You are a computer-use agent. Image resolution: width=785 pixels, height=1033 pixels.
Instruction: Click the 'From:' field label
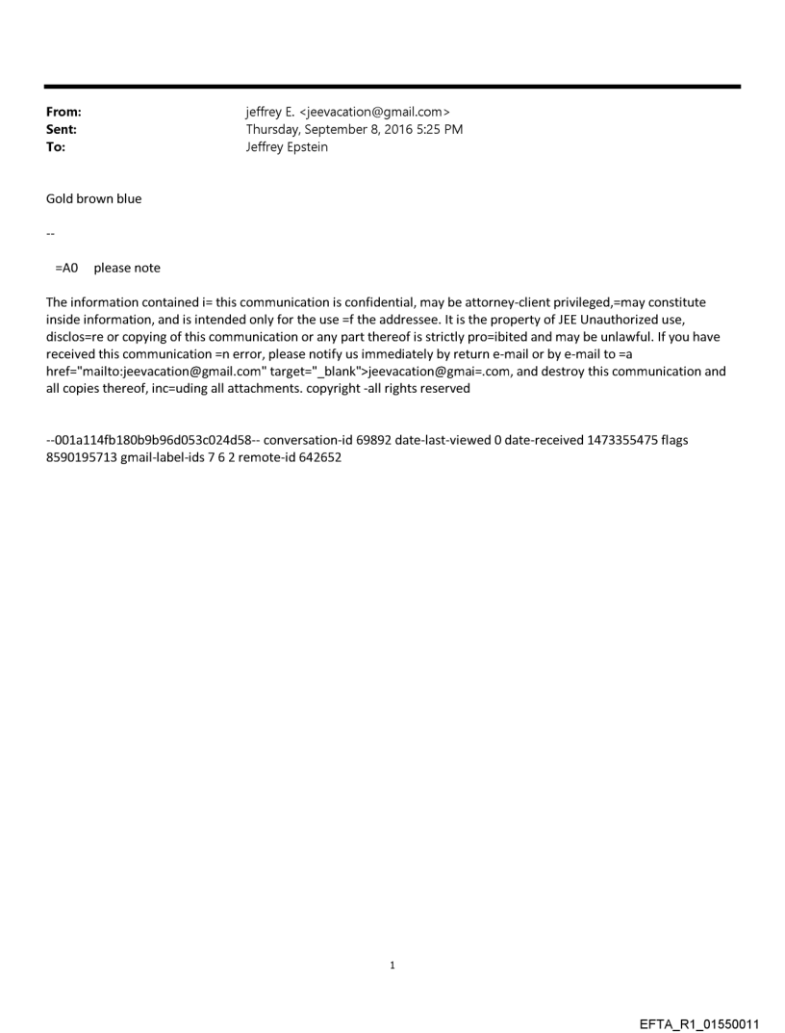pyautogui.click(x=63, y=113)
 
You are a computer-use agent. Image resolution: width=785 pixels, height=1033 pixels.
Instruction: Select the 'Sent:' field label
pyautogui.click(x=61, y=130)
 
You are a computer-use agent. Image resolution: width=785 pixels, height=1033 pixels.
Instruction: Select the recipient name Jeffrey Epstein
pyautogui.click(x=287, y=147)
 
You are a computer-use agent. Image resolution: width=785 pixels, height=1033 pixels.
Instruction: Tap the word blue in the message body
pyautogui.click(x=127, y=199)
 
